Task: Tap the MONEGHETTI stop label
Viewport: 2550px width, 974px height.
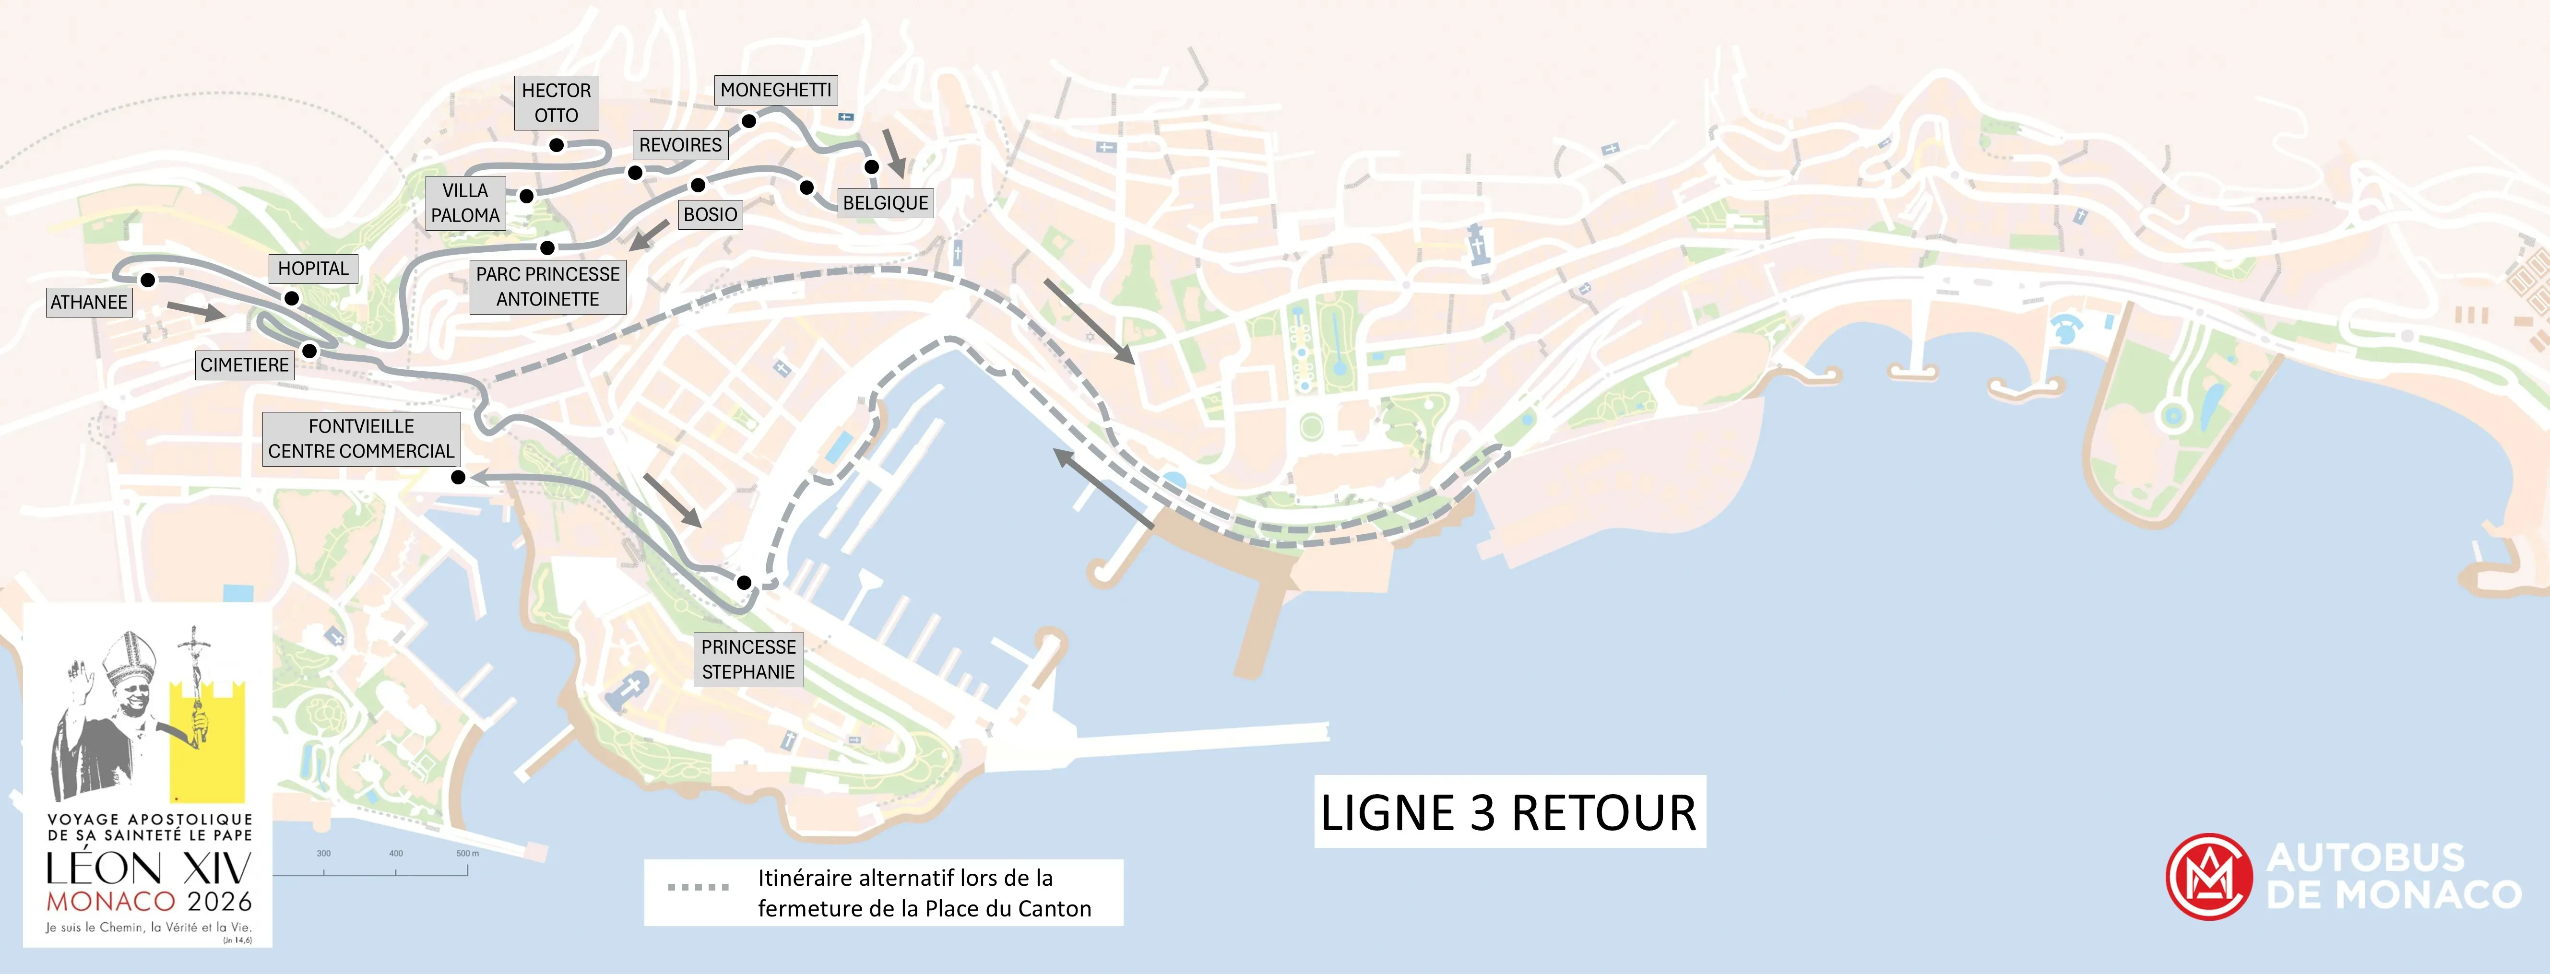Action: (x=775, y=90)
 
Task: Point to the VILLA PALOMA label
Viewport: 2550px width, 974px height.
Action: (x=465, y=203)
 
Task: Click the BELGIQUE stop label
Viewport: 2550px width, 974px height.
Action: (x=885, y=203)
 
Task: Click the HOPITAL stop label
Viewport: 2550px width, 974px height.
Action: (x=313, y=268)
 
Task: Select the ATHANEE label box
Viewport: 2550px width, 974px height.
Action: (x=89, y=302)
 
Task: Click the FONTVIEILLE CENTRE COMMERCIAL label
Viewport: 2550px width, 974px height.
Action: (x=361, y=438)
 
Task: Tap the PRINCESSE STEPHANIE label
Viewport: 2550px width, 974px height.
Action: (x=748, y=659)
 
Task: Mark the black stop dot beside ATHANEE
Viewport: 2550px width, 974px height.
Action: (x=147, y=280)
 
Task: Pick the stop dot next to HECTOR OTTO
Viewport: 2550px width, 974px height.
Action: (x=557, y=145)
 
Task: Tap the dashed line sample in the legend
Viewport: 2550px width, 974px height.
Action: (x=698, y=887)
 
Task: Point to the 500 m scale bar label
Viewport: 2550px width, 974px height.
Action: (x=467, y=853)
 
